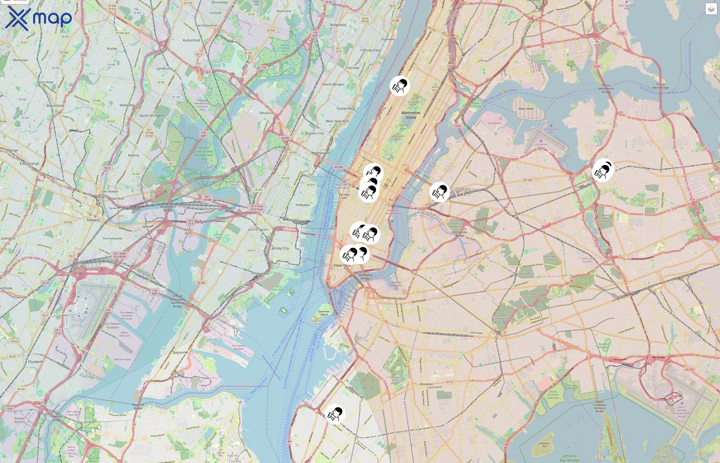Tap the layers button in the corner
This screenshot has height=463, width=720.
tap(711, 9)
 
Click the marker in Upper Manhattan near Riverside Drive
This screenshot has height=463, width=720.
tap(400, 86)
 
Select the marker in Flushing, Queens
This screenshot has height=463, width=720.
tap(602, 171)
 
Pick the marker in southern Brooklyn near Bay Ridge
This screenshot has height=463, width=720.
tap(335, 414)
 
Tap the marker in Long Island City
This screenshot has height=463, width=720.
tap(440, 192)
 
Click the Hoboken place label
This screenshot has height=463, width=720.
tap(303, 205)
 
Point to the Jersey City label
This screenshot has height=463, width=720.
tap(280, 248)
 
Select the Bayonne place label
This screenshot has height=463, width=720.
tap(180, 352)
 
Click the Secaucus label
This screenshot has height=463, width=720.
tap(266, 113)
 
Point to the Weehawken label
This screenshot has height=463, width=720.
tap(321, 153)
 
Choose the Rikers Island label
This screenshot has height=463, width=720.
tap(526, 109)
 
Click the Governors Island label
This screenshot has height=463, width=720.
tap(324, 313)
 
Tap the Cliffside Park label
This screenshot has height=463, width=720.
tap(370, 50)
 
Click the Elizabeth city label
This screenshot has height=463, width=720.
tap(35, 362)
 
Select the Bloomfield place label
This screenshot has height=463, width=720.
tap(55, 106)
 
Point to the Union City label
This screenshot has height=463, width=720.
tap(316, 133)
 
